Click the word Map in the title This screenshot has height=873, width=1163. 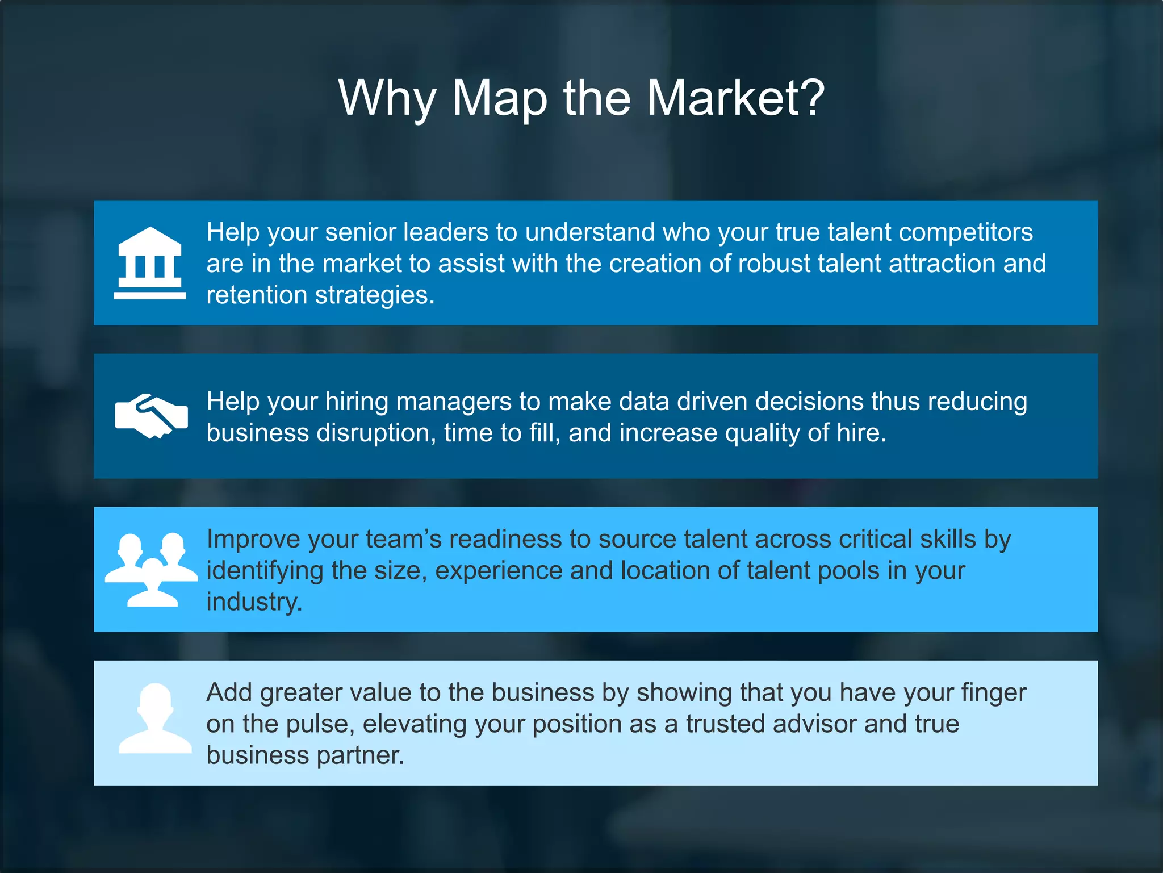[499, 99]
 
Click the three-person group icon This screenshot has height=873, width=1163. [151, 570]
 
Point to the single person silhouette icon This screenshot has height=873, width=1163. [154, 719]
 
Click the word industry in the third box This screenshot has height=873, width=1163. [253, 602]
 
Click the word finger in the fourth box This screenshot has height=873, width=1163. [993, 693]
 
